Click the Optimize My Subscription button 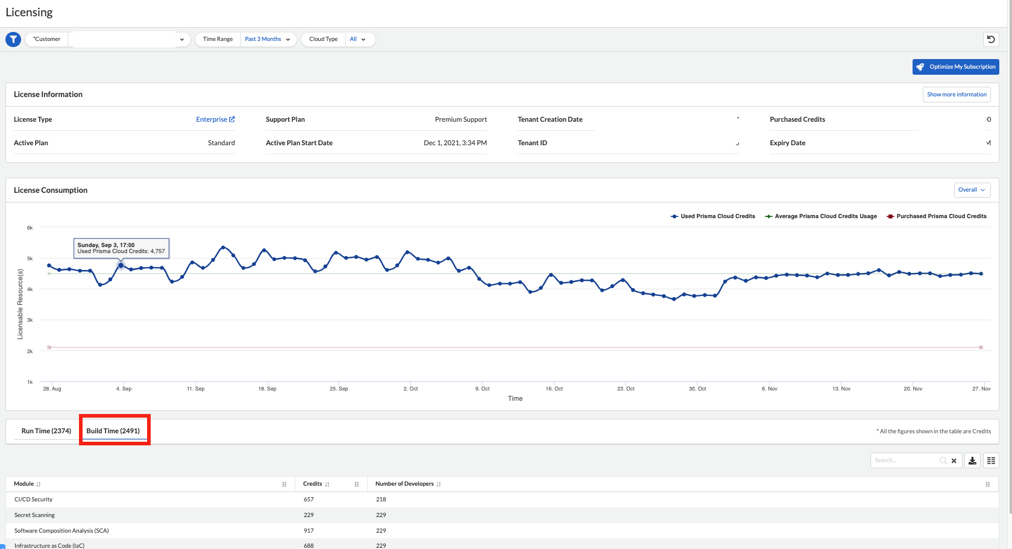click(955, 67)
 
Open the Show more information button click(957, 95)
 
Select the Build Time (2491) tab click(113, 431)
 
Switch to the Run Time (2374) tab click(46, 431)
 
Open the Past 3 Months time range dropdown click(268, 39)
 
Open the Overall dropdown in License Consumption click(972, 190)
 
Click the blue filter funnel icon click(13, 39)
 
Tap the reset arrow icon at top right click(991, 39)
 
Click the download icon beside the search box click(972, 460)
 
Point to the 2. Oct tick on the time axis click(410, 389)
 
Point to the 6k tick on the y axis click(30, 228)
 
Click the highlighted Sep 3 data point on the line click(121, 265)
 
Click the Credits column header click(312, 484)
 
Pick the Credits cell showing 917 click(309, 531)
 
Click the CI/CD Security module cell click(34, 500)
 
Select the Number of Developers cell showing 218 click(381, 500)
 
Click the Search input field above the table click(904, 460)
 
